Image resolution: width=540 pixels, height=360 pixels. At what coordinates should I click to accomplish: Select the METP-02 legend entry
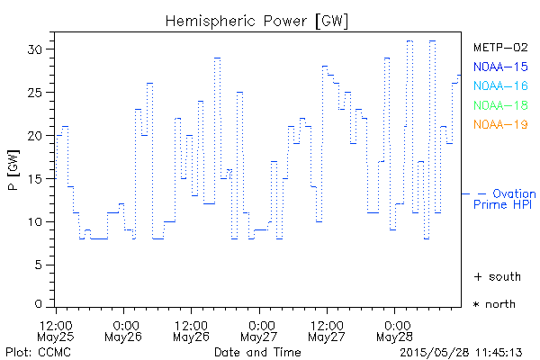[x=500, y=47]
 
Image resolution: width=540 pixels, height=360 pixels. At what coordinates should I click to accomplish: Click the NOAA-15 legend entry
[x=500, y=67]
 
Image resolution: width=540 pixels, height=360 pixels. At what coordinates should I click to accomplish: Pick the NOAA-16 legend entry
[x=500, y=86]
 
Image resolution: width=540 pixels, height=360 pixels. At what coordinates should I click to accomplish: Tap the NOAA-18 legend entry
[x=500, y=106]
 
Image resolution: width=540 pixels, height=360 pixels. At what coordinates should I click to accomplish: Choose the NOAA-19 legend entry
[x=500, y=125]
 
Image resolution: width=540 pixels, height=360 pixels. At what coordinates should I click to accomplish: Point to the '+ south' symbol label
[x=495, y=276]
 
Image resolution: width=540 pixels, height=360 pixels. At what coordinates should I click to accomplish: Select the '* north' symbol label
[x=495, y=304]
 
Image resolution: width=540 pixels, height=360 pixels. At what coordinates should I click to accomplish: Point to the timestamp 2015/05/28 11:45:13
[x=462, y=351]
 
